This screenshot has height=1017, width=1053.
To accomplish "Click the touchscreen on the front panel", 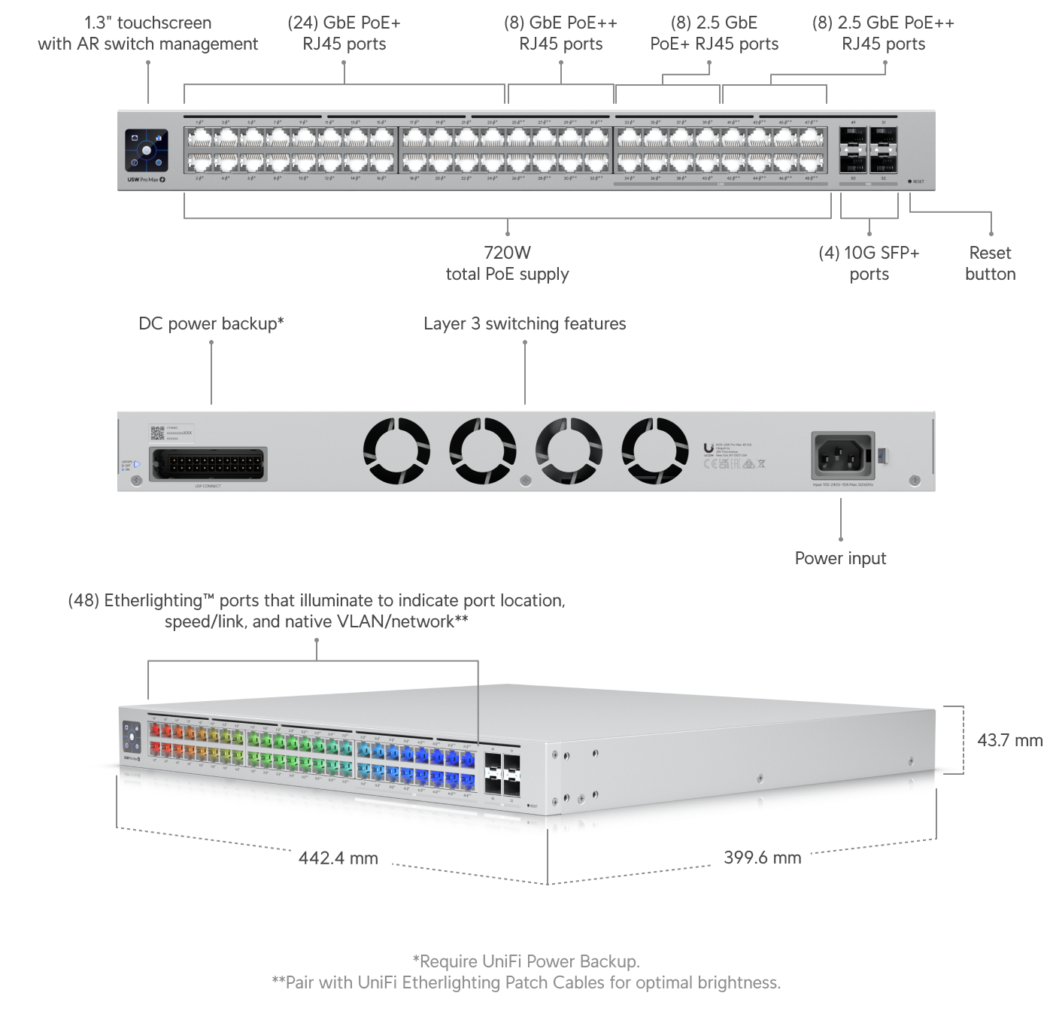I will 147,150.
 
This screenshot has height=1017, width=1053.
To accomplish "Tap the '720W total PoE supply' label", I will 507,263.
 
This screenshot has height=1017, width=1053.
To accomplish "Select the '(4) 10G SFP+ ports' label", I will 869,263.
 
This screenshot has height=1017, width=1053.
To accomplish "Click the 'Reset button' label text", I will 990,263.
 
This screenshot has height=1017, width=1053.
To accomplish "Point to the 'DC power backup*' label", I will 211,324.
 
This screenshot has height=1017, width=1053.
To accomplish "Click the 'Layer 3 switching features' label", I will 524,324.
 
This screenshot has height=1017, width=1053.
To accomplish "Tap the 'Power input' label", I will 840,558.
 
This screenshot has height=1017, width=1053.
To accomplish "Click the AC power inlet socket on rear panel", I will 842,454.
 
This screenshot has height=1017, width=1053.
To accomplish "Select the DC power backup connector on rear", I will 208,464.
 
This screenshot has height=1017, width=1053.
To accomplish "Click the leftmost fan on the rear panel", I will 396,451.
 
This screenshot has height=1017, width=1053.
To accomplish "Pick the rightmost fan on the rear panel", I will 654,451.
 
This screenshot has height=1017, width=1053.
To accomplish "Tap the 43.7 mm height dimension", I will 1009,740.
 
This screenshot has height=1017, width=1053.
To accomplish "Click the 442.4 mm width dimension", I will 338,858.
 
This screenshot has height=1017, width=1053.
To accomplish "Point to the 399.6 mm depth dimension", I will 762,858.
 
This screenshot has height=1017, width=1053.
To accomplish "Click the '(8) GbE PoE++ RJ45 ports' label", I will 560,34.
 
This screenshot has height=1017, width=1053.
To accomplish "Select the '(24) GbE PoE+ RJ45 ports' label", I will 344,34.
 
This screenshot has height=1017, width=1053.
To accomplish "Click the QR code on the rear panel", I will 157,433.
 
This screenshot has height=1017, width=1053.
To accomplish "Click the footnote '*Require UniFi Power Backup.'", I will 526,961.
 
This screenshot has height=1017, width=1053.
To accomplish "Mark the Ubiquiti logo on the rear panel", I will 709,449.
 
